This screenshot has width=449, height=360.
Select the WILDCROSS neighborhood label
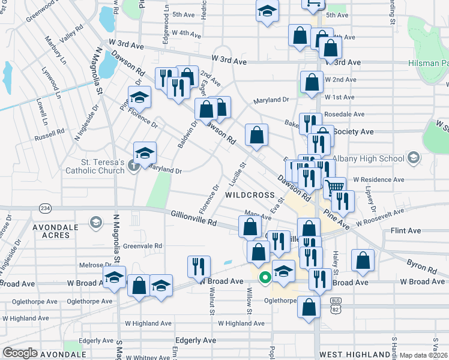(x=250, y=196)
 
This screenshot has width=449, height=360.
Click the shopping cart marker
(x=334, y=187)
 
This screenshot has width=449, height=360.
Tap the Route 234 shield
(x=44, y=208)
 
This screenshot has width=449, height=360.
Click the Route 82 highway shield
(x=336, y=307)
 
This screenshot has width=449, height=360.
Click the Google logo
(x=20, y=353)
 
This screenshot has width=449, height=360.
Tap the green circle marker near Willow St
(x=264, y=278)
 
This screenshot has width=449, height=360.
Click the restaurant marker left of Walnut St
(x=199, y=265)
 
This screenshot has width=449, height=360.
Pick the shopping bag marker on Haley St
(x=363, y=260)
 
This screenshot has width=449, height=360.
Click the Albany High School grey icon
(x=412, y=158)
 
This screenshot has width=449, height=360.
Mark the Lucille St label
(x=239, y=173)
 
